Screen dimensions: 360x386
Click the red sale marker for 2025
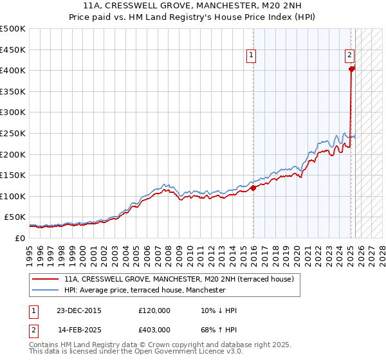(351, 69)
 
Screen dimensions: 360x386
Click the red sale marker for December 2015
(253, 188)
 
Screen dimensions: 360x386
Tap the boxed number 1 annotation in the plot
(250, 56)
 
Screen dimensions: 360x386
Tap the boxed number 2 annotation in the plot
(349, 56)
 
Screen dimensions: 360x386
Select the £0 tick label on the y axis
(20, 238)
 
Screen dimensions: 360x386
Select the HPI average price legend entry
(144, 290)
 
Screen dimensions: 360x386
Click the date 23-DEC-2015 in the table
(78, 310)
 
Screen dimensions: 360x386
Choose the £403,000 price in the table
(154, 329)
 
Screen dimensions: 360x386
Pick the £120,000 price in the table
(154, 310)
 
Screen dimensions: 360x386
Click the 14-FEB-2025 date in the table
(78, 329)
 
